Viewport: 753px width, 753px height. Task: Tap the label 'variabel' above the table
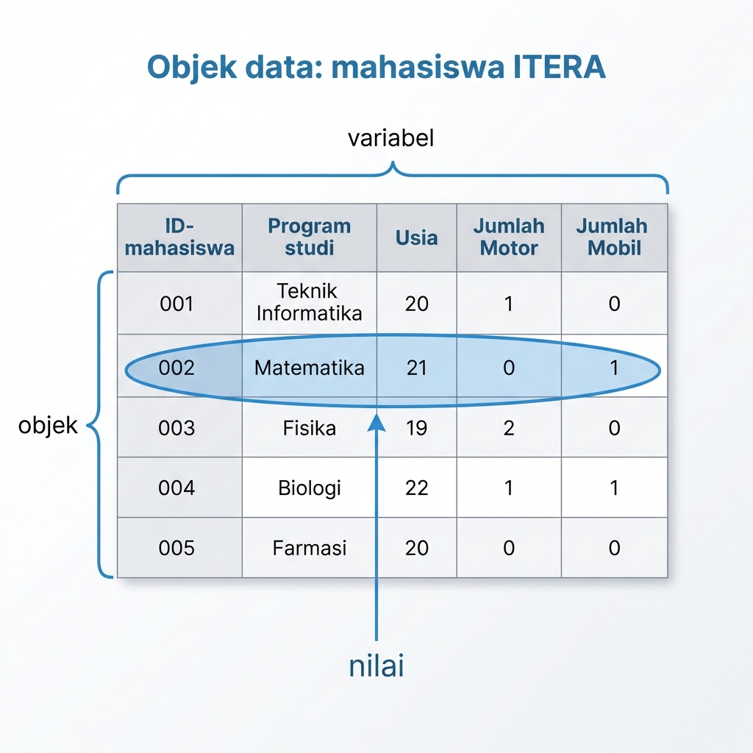pos(390,138)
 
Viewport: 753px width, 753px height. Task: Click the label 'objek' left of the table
pos(48,426)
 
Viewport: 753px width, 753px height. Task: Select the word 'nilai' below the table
pos(376,666)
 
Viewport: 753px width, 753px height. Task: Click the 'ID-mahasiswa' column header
pos(179,238)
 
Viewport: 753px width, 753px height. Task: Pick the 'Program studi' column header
pos(309,237)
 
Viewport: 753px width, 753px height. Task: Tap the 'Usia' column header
pos(416,238)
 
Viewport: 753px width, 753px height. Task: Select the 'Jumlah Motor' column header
pos(508,237)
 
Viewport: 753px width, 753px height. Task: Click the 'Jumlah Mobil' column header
pos(614,237)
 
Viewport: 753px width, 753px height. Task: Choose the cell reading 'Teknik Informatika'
pos(309,302)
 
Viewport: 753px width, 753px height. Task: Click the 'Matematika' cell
pos(309,368)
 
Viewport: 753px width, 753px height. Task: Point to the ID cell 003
pos(176,428)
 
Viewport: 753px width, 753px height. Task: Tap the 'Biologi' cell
pos(309,488)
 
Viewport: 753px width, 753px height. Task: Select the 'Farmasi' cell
pos(309,548)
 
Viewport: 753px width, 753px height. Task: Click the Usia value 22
pos(416,488)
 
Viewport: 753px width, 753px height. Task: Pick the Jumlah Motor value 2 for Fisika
pos(508,428)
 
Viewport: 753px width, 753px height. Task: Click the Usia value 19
pos(416,428)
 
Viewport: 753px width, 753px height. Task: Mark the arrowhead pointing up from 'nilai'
pos(376,421)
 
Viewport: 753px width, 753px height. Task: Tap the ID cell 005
pos(176,548)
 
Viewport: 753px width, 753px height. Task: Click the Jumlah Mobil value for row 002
pos(614,368)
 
